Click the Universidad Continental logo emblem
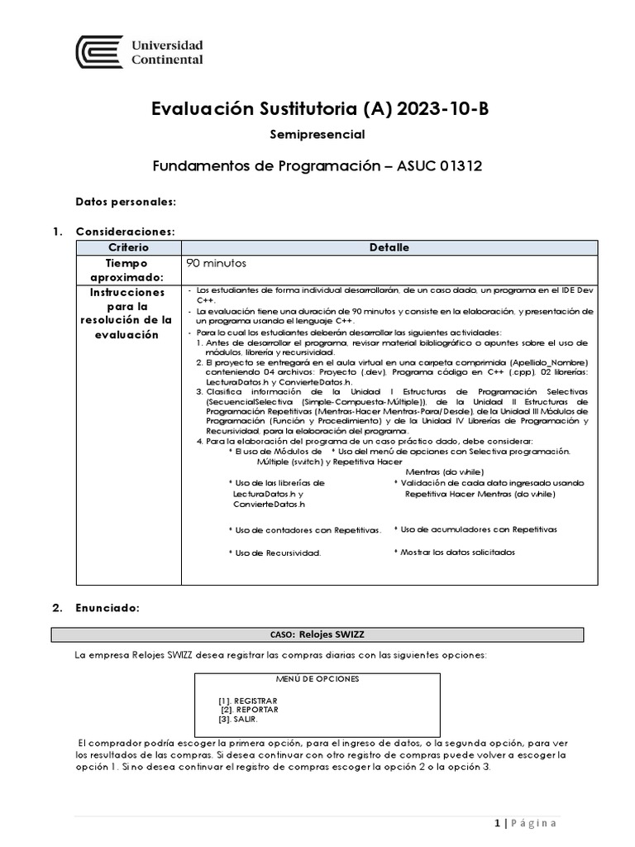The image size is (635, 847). click(99, 51)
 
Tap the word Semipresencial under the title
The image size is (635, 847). click(317, 133)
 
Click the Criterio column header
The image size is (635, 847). click(128, 247)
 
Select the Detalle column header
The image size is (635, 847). click(389, 247)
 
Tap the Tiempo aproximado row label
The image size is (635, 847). click(128, 270)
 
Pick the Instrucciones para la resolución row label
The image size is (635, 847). click(128, 313)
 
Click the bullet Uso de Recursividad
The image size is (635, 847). click(275, 552)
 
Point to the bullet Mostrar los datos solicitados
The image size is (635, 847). click(454, 552)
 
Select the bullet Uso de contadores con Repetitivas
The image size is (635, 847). click(305, 529)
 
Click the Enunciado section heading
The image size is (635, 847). click(107, 608)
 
